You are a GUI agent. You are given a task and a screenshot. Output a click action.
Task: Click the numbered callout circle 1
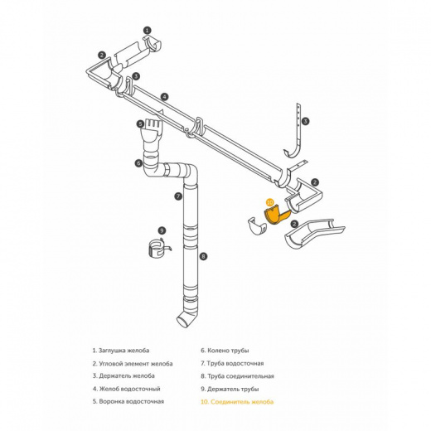148,30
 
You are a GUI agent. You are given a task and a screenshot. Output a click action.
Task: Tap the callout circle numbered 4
164,97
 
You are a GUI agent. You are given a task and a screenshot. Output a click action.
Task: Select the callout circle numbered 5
140,124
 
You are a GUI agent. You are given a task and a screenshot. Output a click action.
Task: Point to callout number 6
138,163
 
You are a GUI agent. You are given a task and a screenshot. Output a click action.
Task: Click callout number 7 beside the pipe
178,196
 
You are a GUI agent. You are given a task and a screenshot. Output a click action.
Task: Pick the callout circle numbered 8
203,256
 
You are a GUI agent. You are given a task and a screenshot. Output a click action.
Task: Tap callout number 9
162,230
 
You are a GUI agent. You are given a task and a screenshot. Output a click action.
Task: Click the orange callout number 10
270,202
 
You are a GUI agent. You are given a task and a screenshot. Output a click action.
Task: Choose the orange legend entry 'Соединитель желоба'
237,402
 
